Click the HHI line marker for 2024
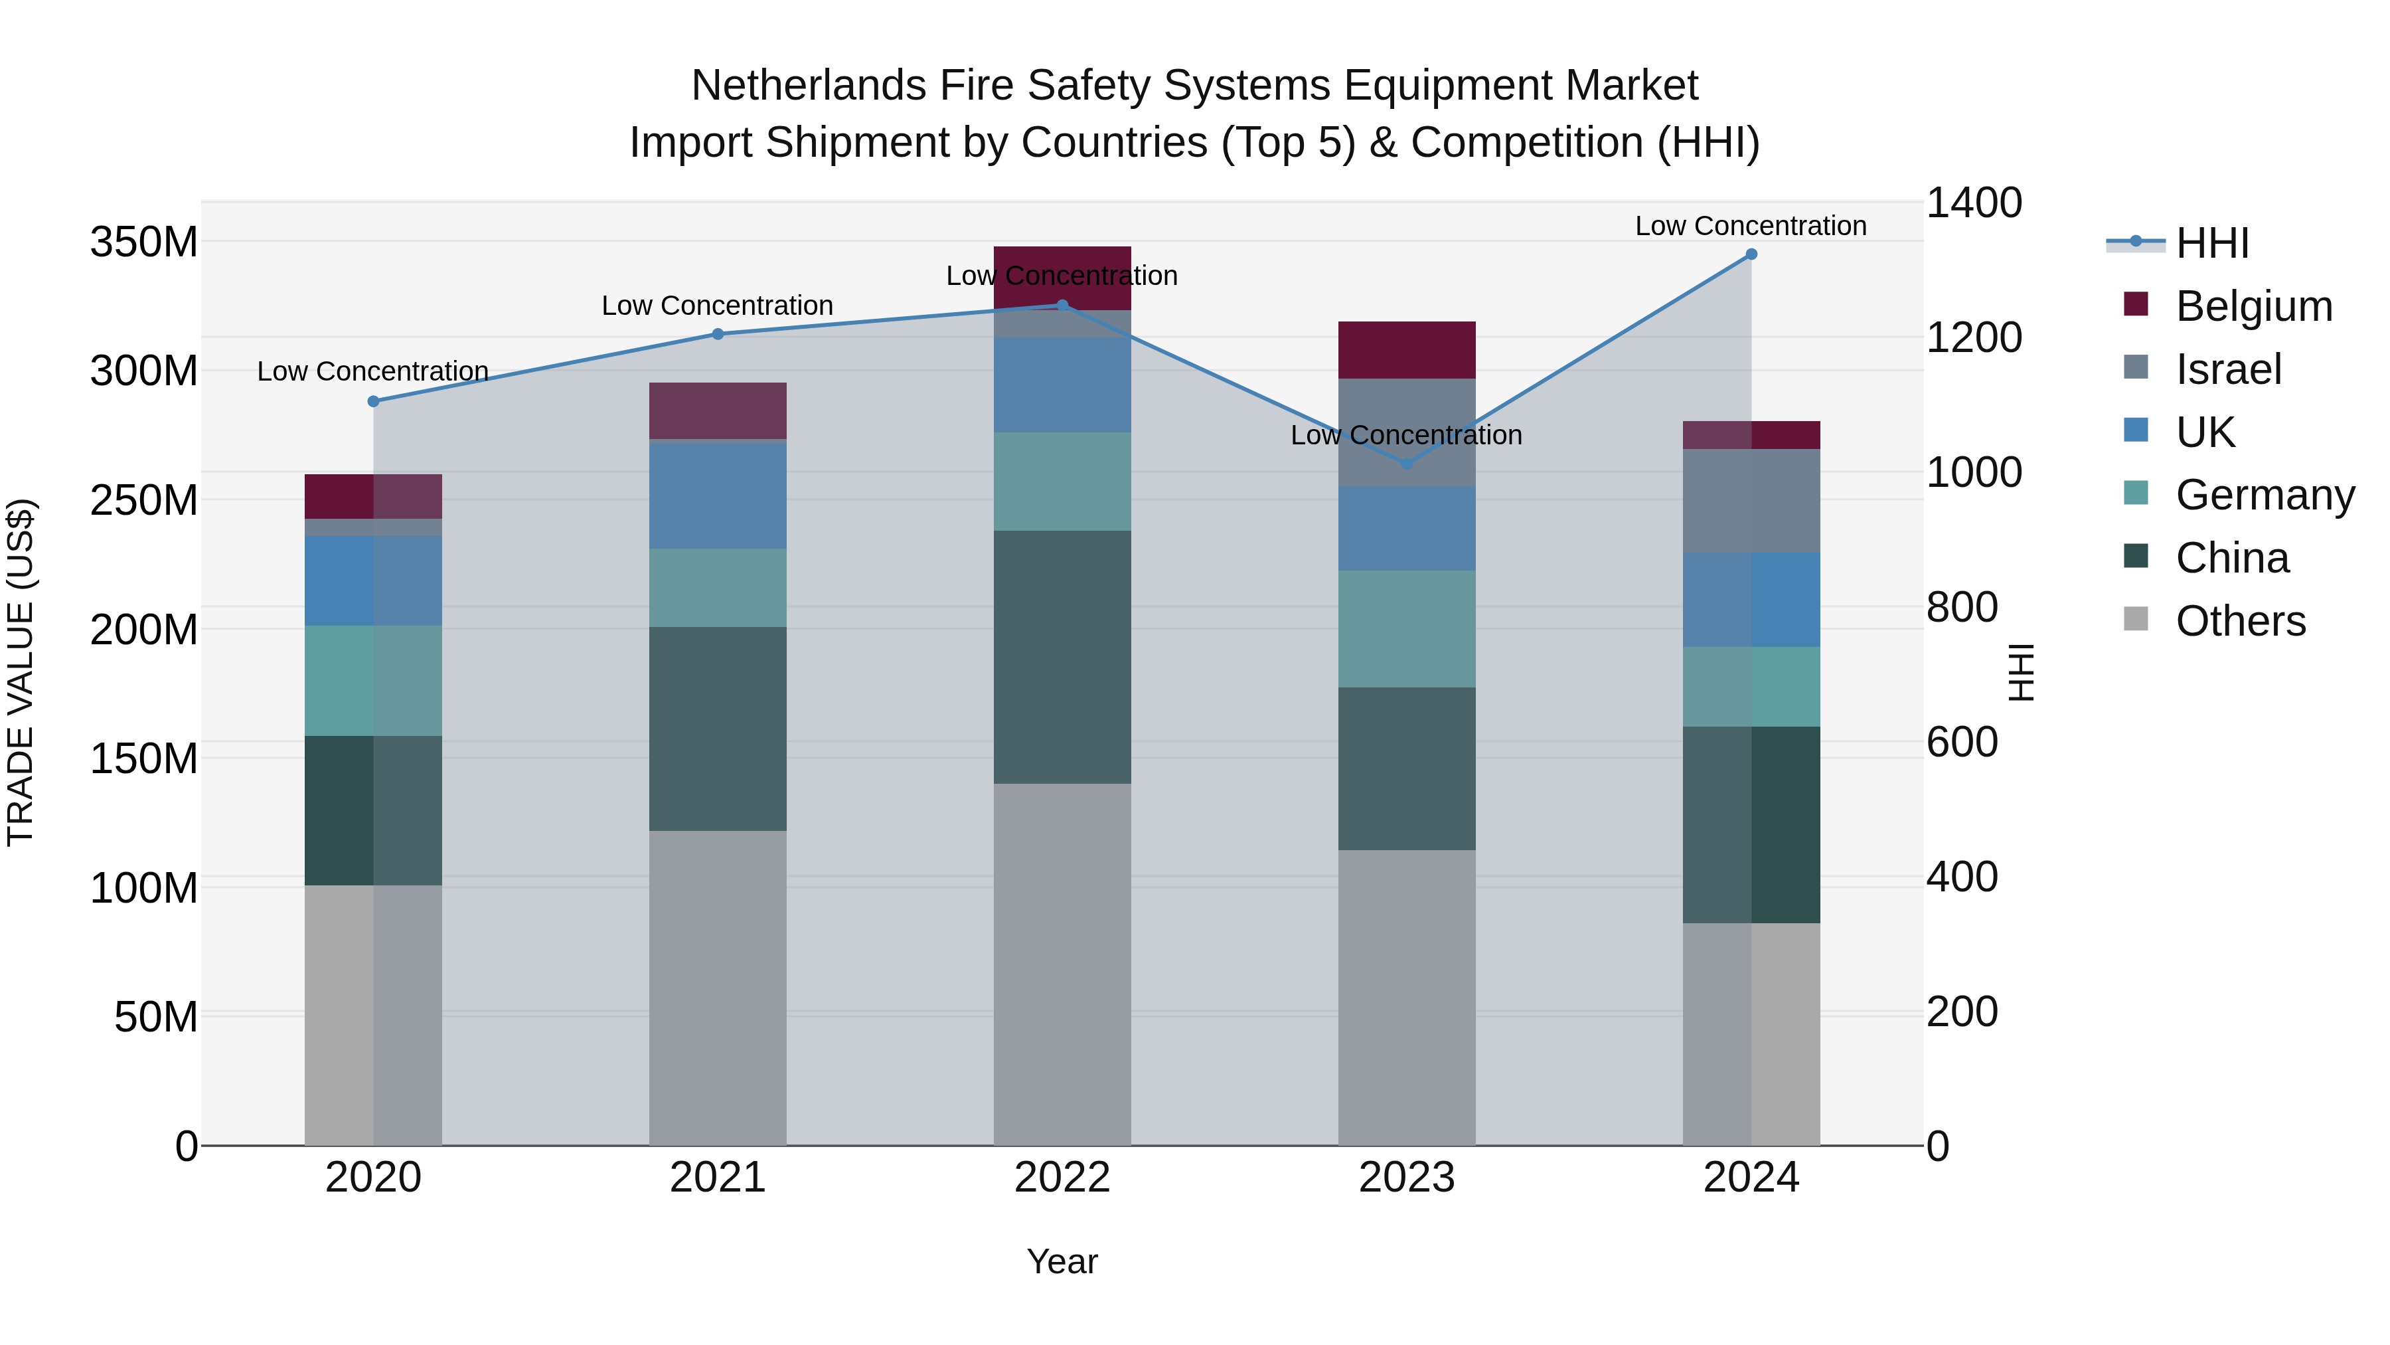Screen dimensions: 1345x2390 coord(1751,254)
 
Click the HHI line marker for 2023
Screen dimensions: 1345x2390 coord(1407,463)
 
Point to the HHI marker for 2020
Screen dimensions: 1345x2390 coord(373,402)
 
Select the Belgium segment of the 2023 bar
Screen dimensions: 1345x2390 coord(1407,350)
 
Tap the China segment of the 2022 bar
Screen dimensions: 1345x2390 coord(1062,657)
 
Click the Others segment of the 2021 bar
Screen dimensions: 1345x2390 coord(717,988)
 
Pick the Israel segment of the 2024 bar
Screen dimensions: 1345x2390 coord(1751,501)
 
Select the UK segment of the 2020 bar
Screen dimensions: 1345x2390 coord(373,581)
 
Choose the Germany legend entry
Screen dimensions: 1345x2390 coord(2265,495)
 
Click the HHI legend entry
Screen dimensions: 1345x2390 coord(2212,243)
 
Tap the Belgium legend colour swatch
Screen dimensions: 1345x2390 coord(2136,304)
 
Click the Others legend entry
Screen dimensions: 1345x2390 coord(2240,621)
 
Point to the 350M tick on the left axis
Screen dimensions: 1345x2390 coord(144,242)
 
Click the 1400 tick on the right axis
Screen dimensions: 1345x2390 coord(1974,203)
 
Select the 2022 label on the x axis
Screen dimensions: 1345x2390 coord(1062,1178)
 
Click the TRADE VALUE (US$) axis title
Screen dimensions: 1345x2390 coord(21,673)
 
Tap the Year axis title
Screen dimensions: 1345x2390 coord(1062,1261)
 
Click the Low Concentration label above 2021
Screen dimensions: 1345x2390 coord(717,306)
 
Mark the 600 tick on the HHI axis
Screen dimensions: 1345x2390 coord(1961,743)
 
